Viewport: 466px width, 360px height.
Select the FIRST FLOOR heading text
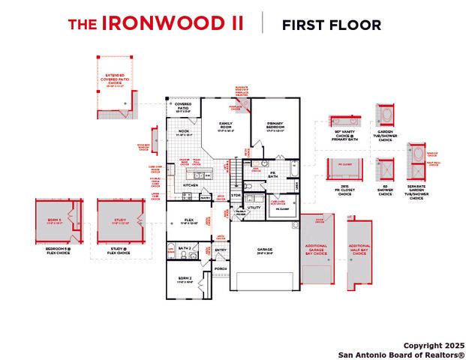click(x=331, y=25)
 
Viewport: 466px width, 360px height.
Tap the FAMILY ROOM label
click(x=226, y=124)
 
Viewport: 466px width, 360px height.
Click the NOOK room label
click(x=184, y=131)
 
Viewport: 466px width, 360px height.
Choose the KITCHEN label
click(x=191, y=184)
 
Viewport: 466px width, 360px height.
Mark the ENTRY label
click(x=221, y=250)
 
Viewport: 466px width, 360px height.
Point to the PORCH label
click(x=221, y=268)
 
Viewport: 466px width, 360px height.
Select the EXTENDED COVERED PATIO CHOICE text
click(x=115, y=78)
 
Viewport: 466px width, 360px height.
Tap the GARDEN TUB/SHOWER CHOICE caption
click(x=385, y=135)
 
